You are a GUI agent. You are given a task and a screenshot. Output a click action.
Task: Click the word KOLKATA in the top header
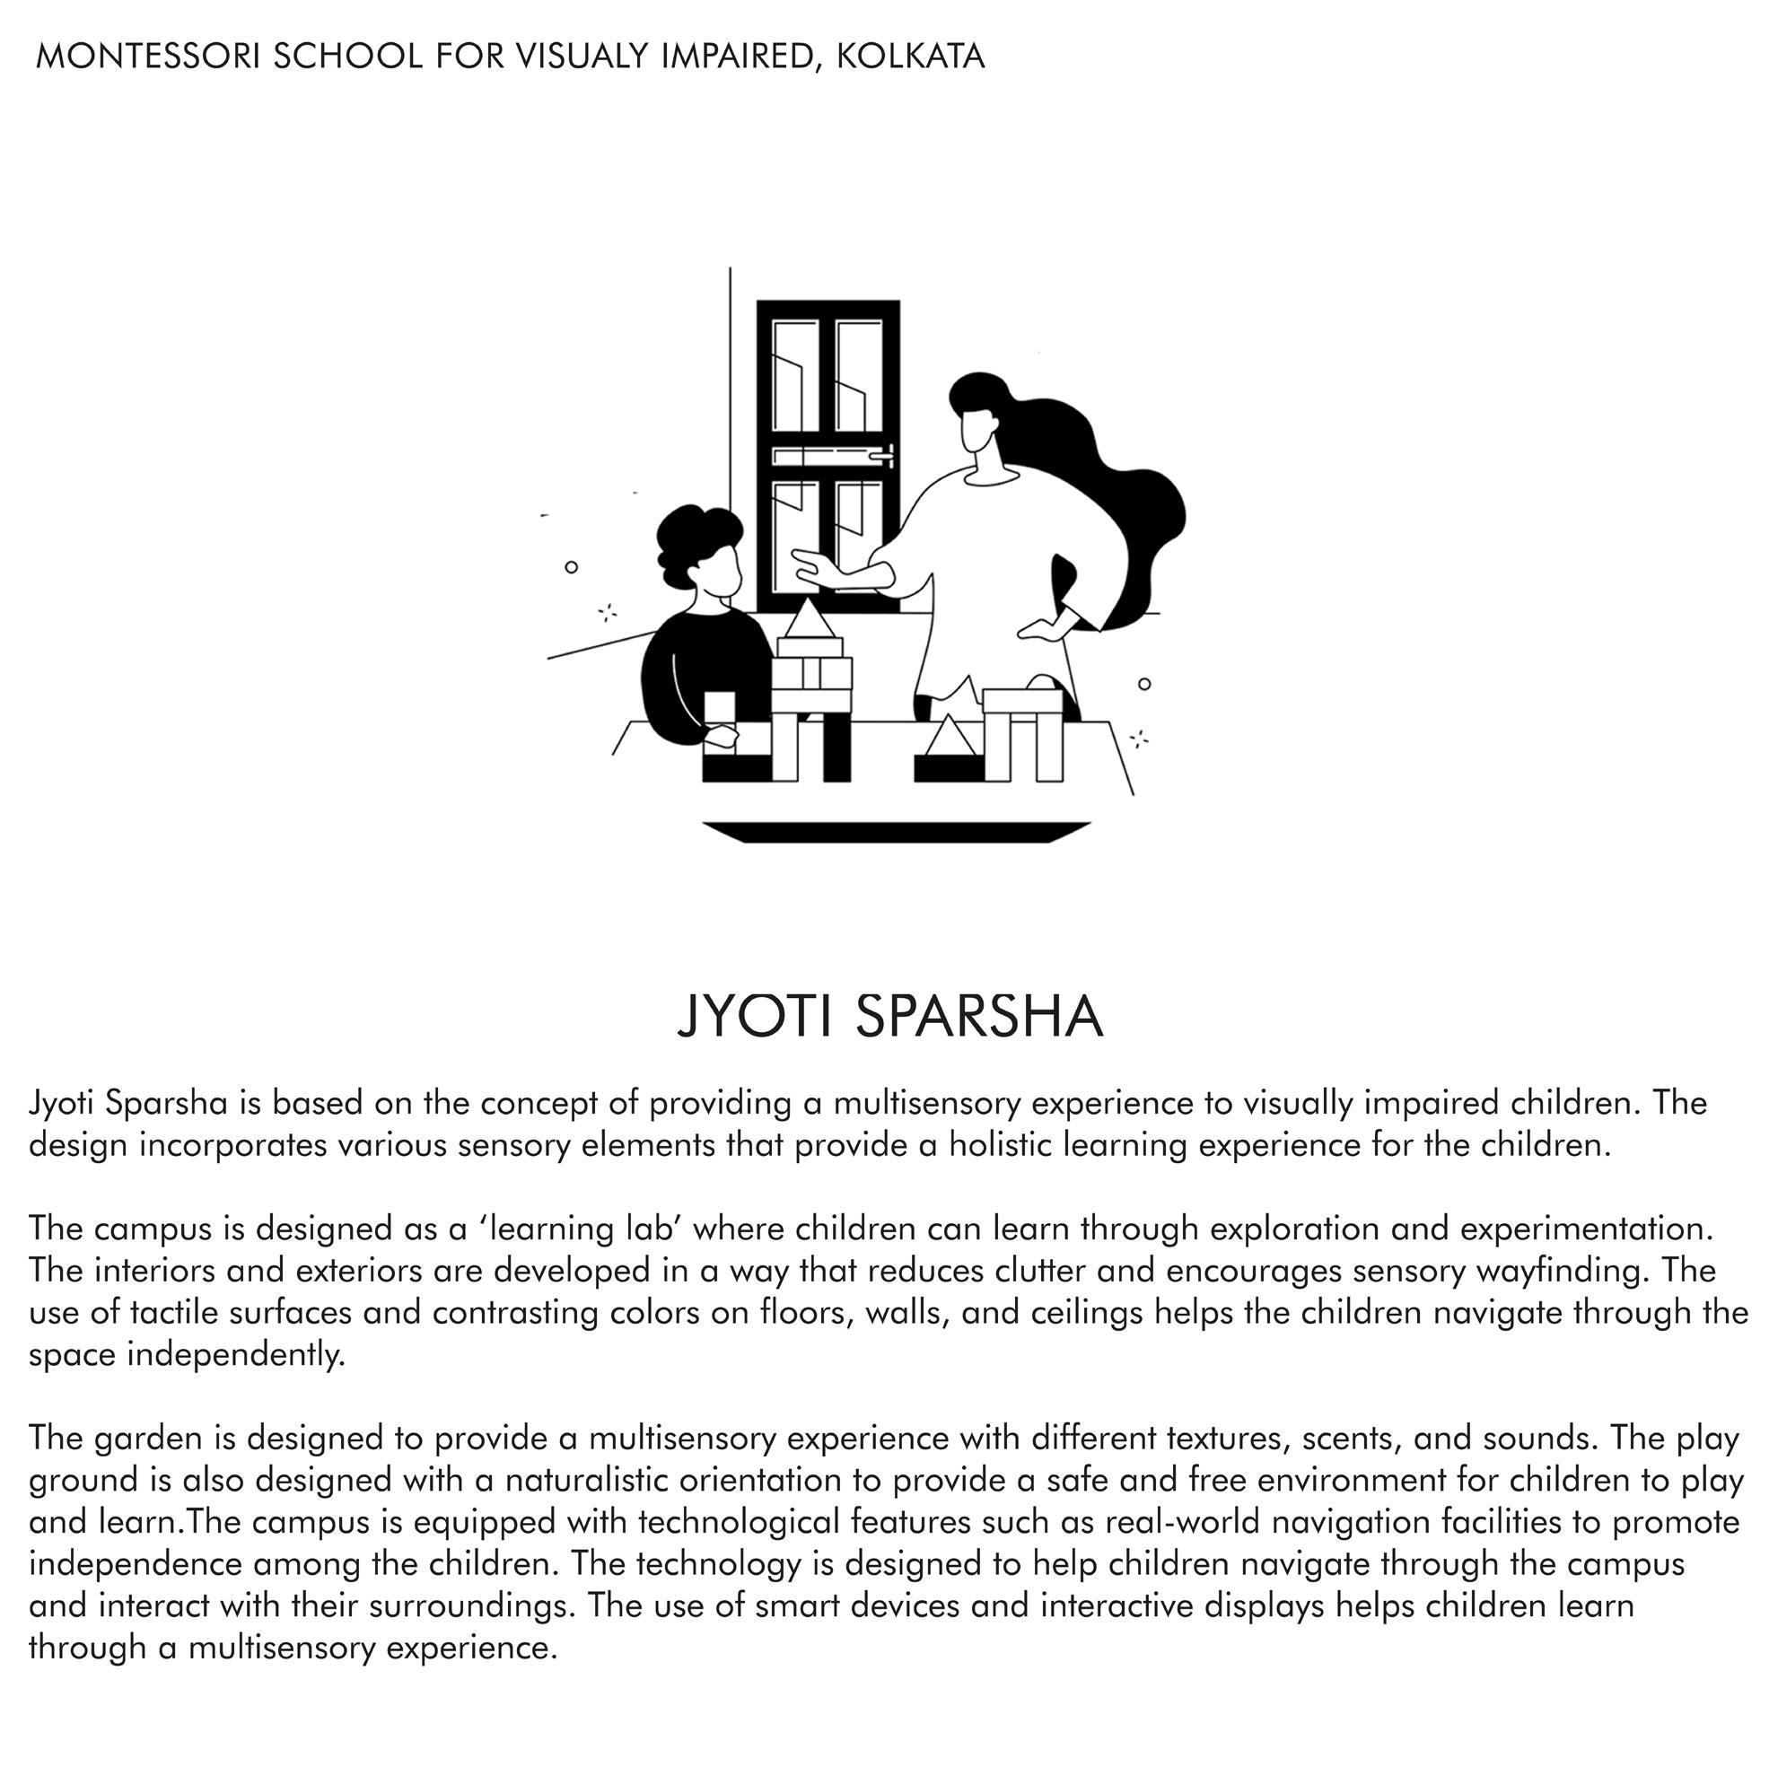pyautogui.click(x=910, y=57)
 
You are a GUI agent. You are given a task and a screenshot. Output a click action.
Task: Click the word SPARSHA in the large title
pyautogui.click(x=979, y=1016)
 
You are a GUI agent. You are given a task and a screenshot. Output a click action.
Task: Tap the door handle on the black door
pyautogui.click(x=883, y=453)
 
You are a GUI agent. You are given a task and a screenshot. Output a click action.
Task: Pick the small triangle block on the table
pyautogui.click(x=950, y=737)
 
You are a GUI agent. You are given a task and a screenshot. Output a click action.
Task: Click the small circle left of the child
pyautogui.click(x=572, y=567)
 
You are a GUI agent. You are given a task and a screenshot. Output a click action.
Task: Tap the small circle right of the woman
pyautogui.click(x=1143, y=684)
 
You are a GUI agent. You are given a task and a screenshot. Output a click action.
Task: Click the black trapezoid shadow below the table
pyautogui.click(x=896, y=832)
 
